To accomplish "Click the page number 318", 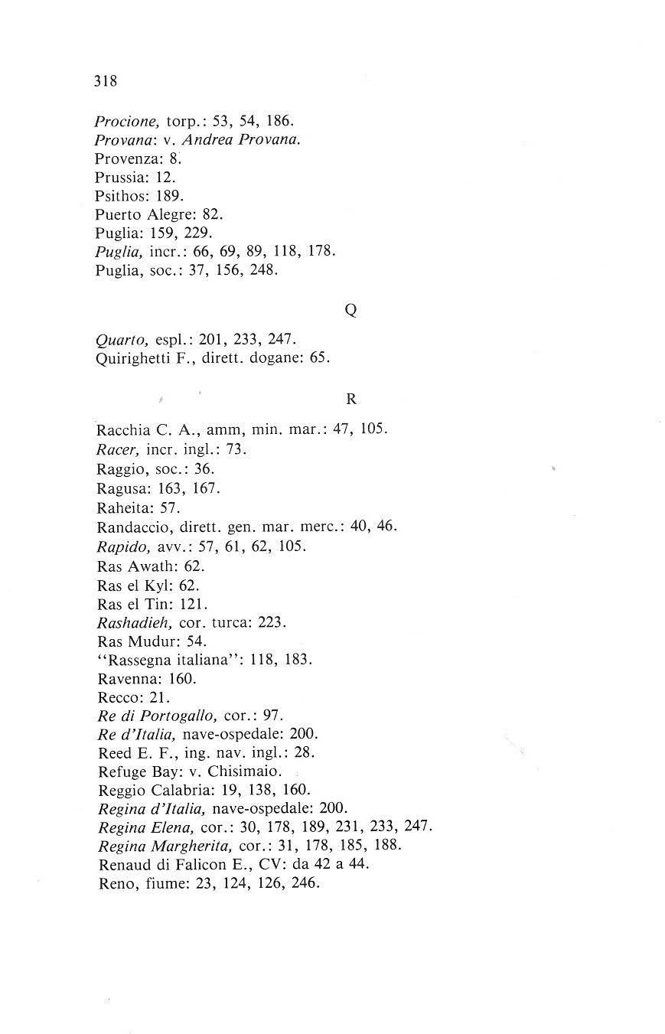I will (x=105, y=81).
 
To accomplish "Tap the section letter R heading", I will (x=351, y=399).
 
